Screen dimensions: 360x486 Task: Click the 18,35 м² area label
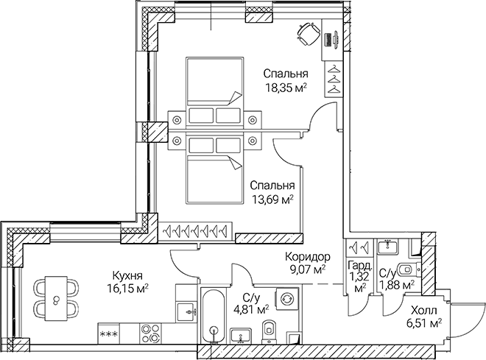[286, 88]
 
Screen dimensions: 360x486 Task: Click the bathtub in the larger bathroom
[212, 317]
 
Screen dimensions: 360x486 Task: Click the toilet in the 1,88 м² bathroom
[403, 267]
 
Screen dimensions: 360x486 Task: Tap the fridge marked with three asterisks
[110, 334]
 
